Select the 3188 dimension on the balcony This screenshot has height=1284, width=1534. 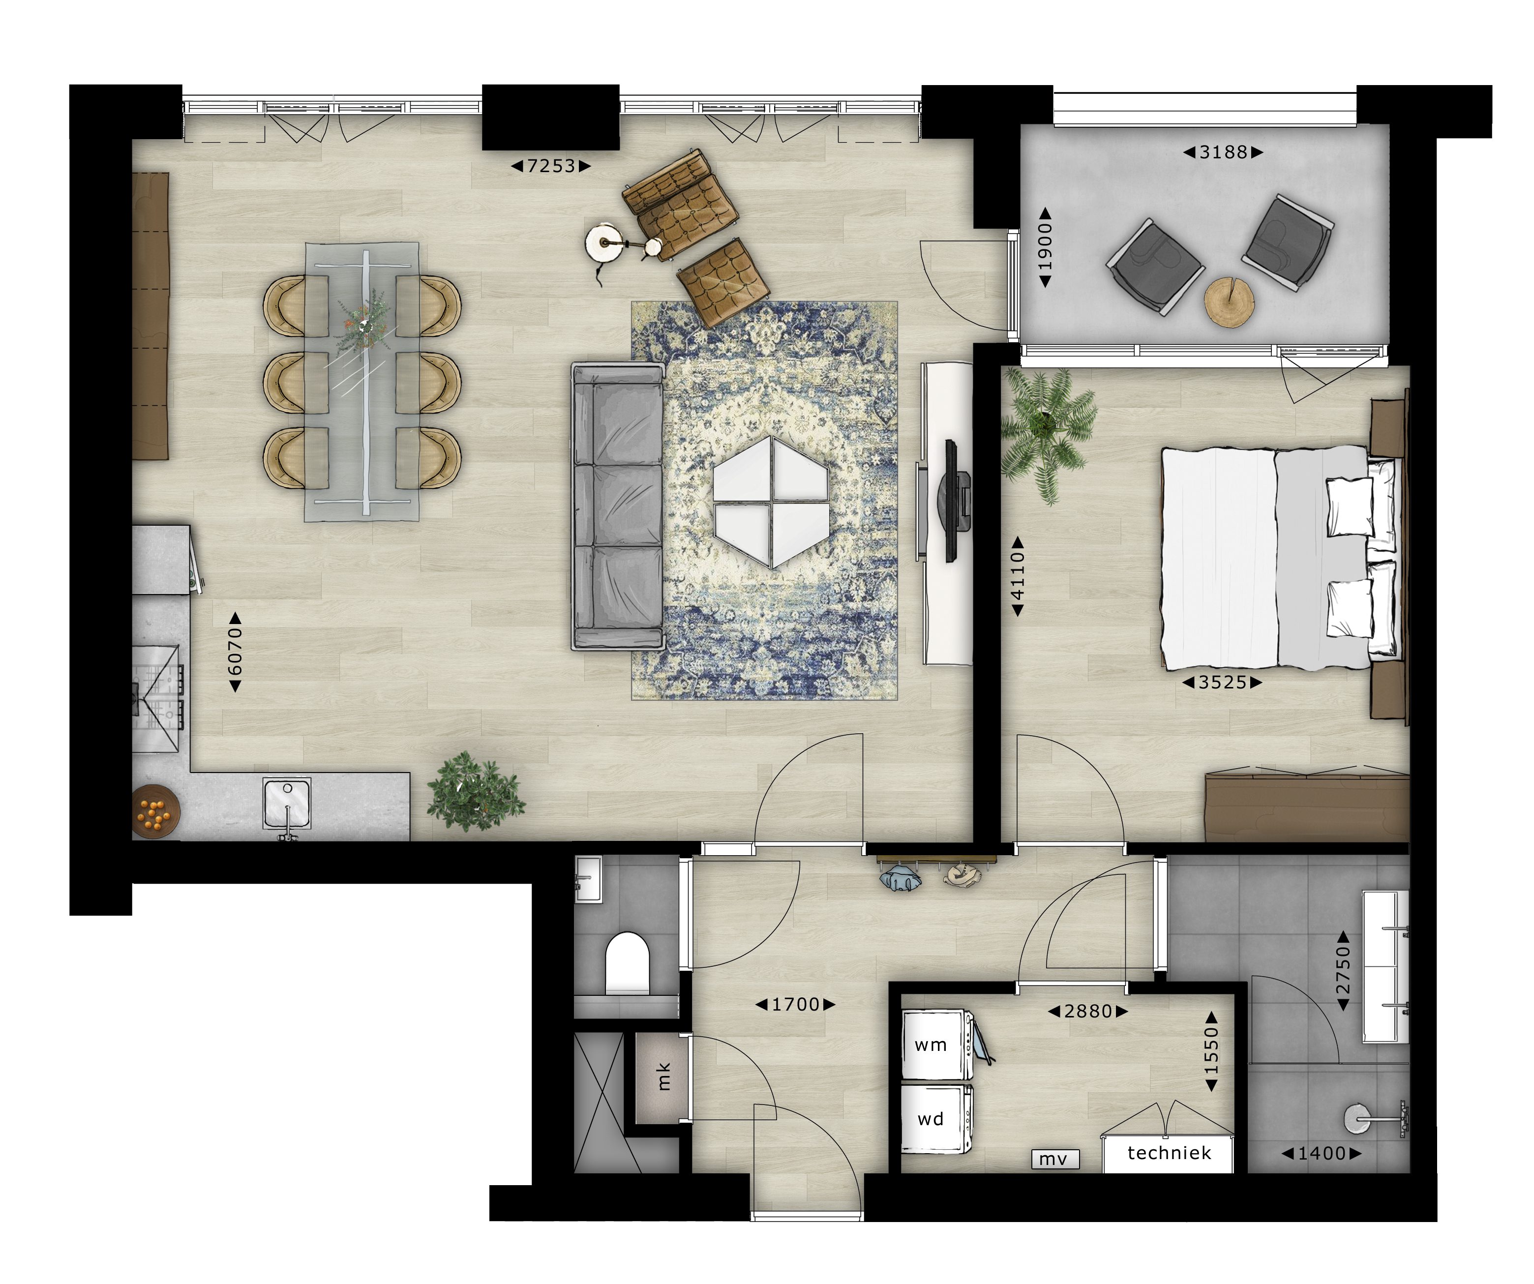[1224, 152]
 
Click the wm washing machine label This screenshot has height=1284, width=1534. [931, 1045]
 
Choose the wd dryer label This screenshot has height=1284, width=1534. [931, 1119]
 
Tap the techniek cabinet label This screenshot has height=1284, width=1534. [1169, 1153]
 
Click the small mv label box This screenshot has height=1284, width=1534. [1053, 1159]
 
